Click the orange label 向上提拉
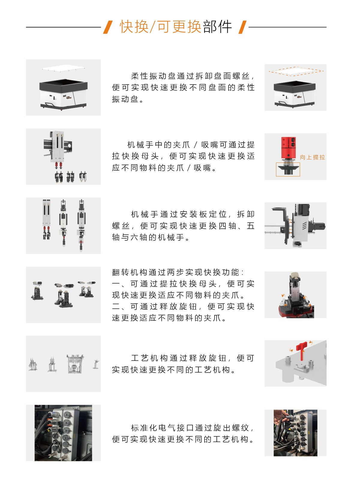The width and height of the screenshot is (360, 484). coord(312,157)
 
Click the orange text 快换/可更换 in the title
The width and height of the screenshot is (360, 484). coord(160,27)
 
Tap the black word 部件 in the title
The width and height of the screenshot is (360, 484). coord(217,27)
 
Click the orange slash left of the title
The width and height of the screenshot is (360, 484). coord(108,27)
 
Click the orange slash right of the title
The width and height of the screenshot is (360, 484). coord(242,27)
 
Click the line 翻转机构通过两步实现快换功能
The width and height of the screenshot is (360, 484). coord(178,272)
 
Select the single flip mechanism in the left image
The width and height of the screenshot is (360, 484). coord(37,291)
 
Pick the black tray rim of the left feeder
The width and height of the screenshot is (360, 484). coord(63,85)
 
